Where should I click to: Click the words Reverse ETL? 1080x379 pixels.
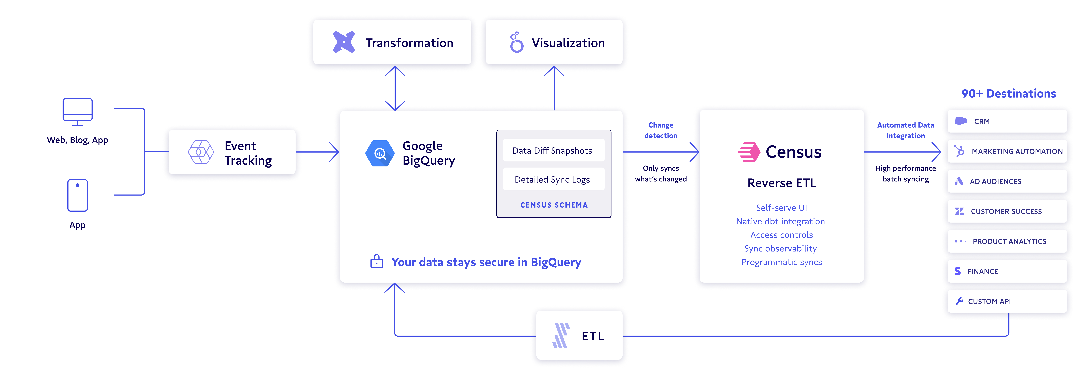click(x=781, y=183)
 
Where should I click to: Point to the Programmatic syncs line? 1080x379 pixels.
click(x=781, y=262)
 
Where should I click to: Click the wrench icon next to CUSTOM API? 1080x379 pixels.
click(x=959, y=301)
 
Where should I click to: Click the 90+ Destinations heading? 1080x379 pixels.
click(x=1008, y=93)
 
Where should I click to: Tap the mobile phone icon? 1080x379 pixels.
click(x=78, y=195)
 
